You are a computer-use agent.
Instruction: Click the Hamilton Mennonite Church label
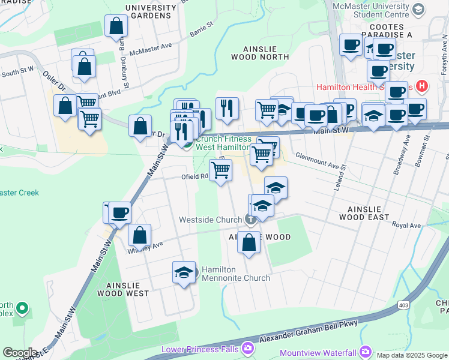pyautogui.click(x=235, y=274)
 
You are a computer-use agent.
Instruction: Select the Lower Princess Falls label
pyautogui.click(x=200, y=349)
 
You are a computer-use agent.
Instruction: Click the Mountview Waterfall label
pyautogui.click(x=318, y=352)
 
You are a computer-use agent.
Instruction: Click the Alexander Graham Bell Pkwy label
pyautogui.click(x=309, y=332)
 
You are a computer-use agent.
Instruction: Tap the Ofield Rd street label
pyautogui.click(x=194, y=177)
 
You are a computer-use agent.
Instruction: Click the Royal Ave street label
pyautogui.click(x=406, y=226)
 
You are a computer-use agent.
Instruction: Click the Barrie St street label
pyautogui.click(x=202, y=29)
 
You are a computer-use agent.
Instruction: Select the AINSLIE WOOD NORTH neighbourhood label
pyautogui.click(x=260, y=53)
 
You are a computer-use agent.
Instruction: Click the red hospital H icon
pyautogui.click(x=421, y=86)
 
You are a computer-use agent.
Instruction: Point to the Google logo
pyautogui.click(x=20, y=353)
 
